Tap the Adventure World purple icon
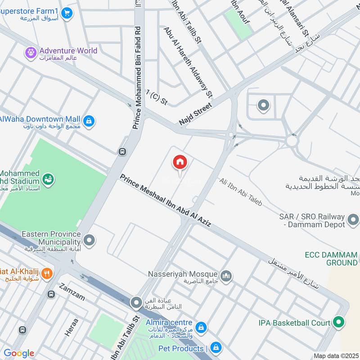point(31,53)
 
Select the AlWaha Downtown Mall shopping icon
point(89,121)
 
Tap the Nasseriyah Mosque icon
point(226,275)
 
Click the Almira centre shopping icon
point(201,327)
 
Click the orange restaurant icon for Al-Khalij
point(47,273)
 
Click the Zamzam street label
point(72,292)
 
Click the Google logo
point(19,353)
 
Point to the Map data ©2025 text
point(335,355)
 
